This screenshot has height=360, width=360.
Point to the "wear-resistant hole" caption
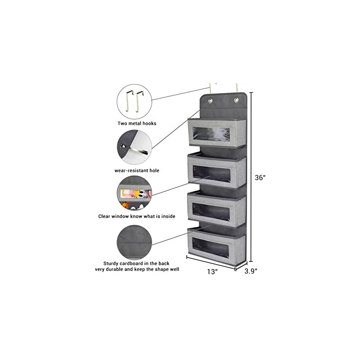tap(137, 171)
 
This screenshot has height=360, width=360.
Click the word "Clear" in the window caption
tap(106, 216)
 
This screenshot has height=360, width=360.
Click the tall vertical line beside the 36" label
tap(251, 177)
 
